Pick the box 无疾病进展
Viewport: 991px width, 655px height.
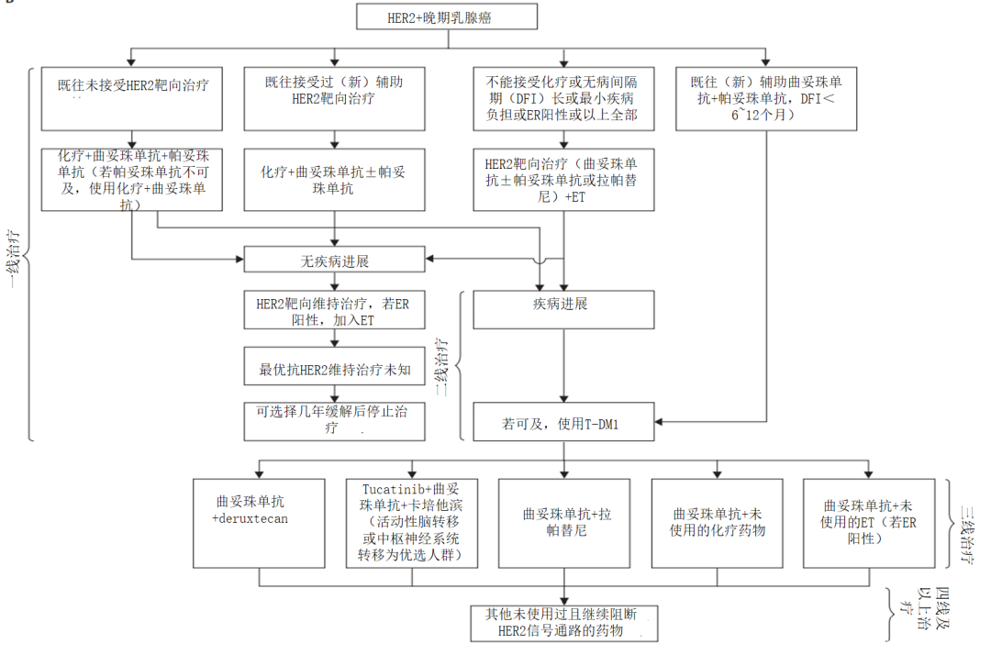point(334,261)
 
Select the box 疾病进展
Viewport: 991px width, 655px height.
point(563,309)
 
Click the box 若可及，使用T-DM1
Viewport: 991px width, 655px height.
point(563,423)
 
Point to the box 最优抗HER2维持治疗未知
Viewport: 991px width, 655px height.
point(334,373)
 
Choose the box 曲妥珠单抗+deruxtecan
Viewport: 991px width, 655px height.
point(259,523)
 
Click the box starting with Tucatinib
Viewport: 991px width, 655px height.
point(411,523)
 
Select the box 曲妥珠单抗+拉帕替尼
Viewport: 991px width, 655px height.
point(563,523)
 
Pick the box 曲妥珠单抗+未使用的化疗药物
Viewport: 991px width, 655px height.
point(718,523)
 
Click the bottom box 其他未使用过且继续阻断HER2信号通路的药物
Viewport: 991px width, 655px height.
point(563,623)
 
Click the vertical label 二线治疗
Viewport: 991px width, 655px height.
point(441,367)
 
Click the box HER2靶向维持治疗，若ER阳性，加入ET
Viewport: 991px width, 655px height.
point(334,309)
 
